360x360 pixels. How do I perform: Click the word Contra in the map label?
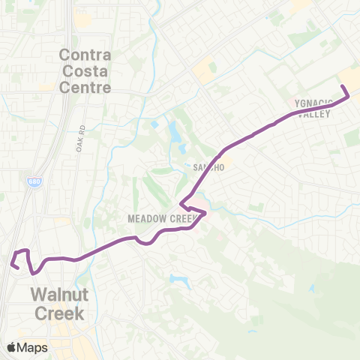tap(85, 55)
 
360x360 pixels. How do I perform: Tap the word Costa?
tap(85, 71)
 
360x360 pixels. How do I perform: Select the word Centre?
tap(85, 87)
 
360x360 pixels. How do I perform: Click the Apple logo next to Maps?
tap(12, 347)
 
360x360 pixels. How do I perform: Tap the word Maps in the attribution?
tap(33, 347)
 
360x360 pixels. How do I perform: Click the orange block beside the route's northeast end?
tap(351, 78)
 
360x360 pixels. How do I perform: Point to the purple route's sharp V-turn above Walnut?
tap(32, 271)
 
